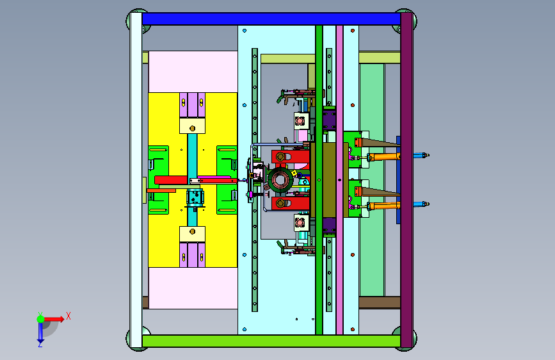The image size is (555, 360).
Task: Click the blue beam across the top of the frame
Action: coord(271,19)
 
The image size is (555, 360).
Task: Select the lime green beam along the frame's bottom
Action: coord(271,341)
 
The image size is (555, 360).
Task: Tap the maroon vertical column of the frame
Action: coord(406,180)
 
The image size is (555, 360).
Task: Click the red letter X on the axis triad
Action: coord(68,316)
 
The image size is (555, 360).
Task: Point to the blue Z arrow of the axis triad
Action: coord(40,334)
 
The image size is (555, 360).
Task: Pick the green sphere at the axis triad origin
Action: coord(41,319)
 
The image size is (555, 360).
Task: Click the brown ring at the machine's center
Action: coord(280,180)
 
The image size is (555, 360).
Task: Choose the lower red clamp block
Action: coord(291,204)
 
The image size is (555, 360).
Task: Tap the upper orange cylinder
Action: coord(384,156)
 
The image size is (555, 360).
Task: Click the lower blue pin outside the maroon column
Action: coord(421,204)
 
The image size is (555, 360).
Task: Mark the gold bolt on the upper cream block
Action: coord(192,128)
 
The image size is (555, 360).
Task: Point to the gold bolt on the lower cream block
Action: coord(192,232)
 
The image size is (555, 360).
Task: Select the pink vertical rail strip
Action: coord(339,180)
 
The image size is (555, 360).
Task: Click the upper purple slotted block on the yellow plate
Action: coord(192,105)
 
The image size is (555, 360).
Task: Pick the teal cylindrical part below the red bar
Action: coord(195,198)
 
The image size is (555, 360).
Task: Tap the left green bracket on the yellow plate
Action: coord(158,180)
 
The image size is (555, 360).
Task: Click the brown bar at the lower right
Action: coord(380,302)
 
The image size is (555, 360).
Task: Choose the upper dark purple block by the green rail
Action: coord(329,120)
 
